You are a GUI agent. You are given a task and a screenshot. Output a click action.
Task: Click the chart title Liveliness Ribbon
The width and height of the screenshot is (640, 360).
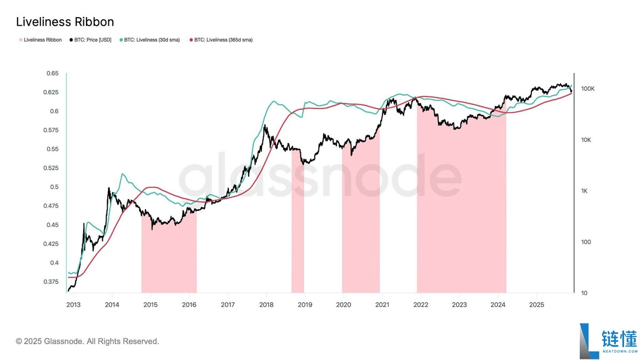[65, 22]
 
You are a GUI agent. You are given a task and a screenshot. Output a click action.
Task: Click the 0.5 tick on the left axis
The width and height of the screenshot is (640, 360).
[54, 187]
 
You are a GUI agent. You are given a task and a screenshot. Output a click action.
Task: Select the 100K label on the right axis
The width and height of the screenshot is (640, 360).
[587, 89]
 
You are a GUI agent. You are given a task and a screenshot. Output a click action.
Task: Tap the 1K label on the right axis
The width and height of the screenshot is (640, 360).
[585, 191]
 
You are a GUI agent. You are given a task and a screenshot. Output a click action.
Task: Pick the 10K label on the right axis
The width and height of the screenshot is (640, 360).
[586, 140]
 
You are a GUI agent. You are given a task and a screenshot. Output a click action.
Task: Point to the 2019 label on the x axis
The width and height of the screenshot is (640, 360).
[305, 305]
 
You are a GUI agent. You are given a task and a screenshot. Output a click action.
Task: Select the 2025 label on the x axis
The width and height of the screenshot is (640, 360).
[536, 305]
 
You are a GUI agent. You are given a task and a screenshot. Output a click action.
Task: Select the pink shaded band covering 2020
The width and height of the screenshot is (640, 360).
[361, 224]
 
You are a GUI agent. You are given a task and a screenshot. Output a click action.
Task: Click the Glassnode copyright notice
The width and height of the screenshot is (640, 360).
[87, 341]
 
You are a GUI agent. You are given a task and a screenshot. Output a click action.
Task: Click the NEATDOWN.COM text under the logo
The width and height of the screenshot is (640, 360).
[619, 351]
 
